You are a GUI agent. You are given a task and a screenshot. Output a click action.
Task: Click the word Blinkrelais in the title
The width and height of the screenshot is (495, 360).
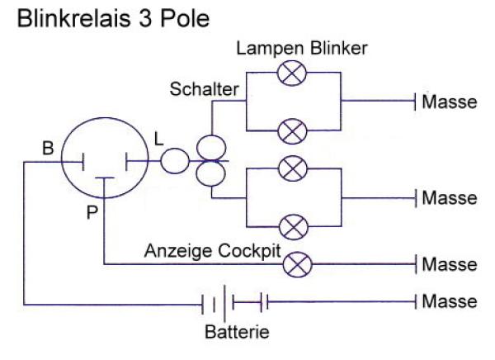(73, 18)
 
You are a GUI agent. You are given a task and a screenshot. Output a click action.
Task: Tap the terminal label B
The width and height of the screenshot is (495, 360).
(48, 148)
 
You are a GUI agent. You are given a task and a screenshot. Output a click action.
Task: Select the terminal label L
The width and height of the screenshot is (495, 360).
(158, 139)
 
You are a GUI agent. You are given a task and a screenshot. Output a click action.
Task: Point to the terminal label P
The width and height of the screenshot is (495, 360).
(92, 212)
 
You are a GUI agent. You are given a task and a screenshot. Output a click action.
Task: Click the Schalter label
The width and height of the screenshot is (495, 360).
(205, 89)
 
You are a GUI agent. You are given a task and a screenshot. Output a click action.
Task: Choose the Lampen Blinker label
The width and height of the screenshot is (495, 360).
(302, 49)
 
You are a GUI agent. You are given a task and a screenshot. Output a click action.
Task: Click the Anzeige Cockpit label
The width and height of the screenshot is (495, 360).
(213, 251)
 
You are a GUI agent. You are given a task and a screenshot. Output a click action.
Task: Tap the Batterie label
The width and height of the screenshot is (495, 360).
(237, 332)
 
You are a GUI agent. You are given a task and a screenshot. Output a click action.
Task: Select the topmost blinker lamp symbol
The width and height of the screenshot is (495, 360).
(292, 73)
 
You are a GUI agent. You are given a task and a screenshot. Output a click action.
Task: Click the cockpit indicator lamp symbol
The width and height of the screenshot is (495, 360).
(297, 264)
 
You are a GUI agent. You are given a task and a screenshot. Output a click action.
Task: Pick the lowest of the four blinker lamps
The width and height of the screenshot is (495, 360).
(294, 227)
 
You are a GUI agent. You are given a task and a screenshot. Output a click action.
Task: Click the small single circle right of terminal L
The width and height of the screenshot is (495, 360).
(175, 161)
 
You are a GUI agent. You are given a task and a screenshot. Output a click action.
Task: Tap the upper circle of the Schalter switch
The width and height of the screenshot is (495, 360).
(211, 148)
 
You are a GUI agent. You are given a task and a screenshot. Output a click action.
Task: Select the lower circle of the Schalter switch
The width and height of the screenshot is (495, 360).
(210, 173)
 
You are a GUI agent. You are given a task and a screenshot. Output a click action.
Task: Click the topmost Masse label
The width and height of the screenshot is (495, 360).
(450, 102)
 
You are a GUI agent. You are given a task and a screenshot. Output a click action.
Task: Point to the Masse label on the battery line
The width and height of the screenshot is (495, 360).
(450, 301)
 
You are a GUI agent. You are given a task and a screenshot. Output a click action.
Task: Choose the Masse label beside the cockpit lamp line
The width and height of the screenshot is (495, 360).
(450, 264)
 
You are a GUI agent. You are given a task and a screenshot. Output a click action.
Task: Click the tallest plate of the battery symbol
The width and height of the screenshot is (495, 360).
(224, 303)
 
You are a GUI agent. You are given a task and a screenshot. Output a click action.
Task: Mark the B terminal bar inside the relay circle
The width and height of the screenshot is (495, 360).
(83, 162)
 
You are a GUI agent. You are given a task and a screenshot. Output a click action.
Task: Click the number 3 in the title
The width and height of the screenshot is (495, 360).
(145, 18)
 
